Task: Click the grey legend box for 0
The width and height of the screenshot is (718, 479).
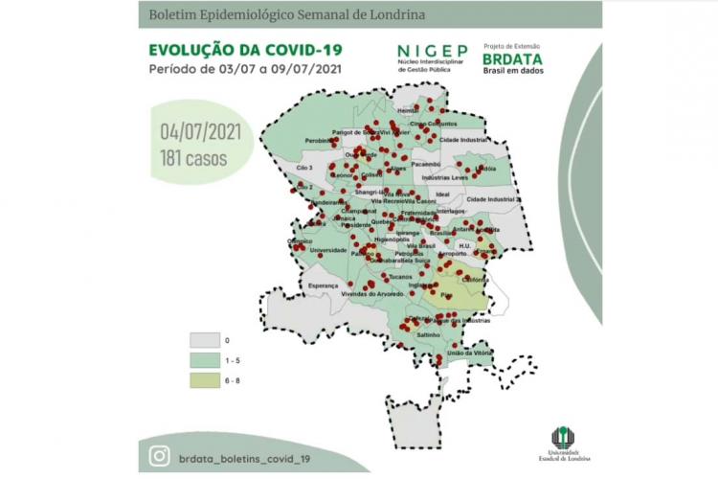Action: [x=204, y=340]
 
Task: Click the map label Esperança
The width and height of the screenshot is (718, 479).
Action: [x=325, y=285]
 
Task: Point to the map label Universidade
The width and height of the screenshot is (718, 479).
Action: [x=328, y=250]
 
